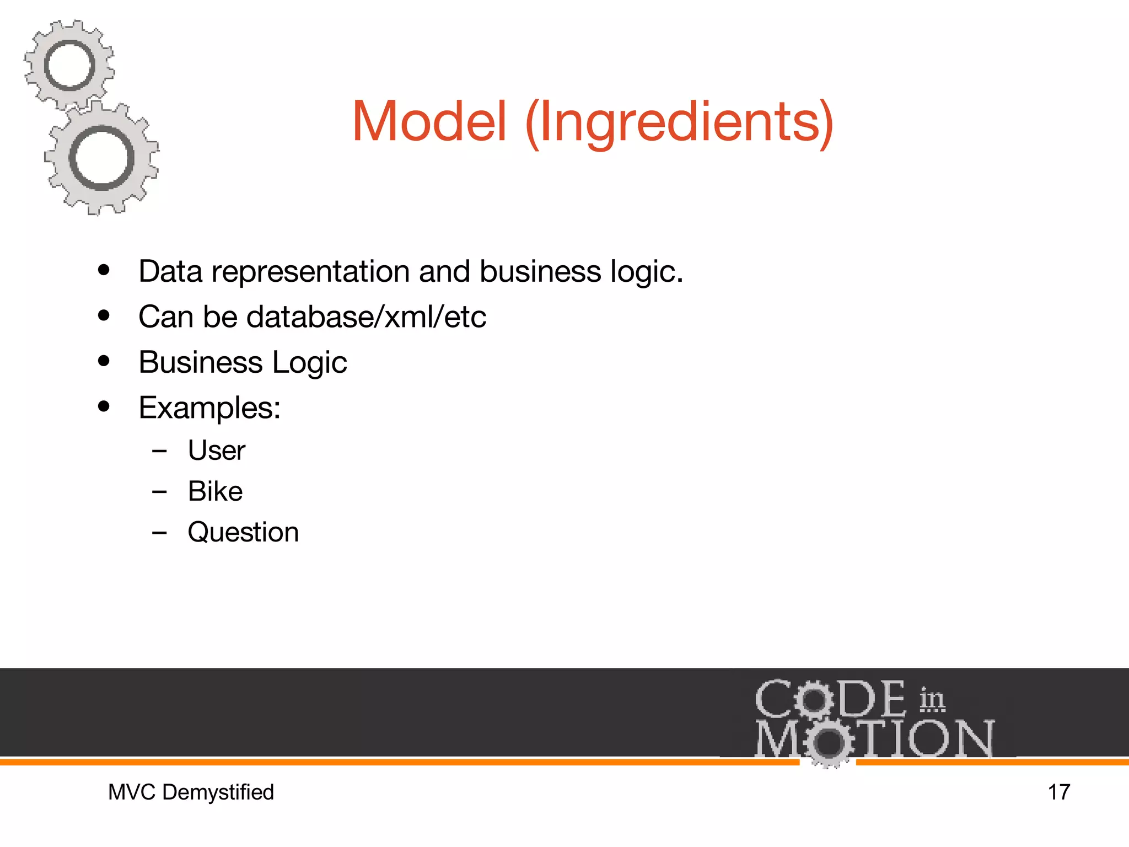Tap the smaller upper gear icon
(x=69, y=65)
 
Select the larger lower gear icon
(x=102, y=159)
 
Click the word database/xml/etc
(x=367, y=317)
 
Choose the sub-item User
(x=216, y=451)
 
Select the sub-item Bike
(x=215, y=491)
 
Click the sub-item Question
(x=243, y=533)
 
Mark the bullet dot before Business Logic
(x=104, y=361)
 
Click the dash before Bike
(x=159, y=492)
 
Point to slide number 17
(x=1058, y=792)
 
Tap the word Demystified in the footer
(x=218, y=792)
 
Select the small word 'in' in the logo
(x=932, y=699)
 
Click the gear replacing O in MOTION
(x=828, y=742)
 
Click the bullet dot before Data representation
(x=104, y=271)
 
